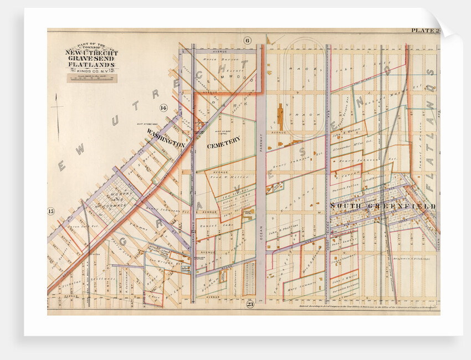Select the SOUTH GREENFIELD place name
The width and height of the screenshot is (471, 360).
pos(382,206)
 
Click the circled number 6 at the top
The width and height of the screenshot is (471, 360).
pos(247,39)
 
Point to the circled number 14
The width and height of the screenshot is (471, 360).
pos(163,107)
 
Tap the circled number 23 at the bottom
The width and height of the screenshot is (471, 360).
pos(250,303)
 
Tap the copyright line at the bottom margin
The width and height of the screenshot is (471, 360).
pos(360,305)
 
